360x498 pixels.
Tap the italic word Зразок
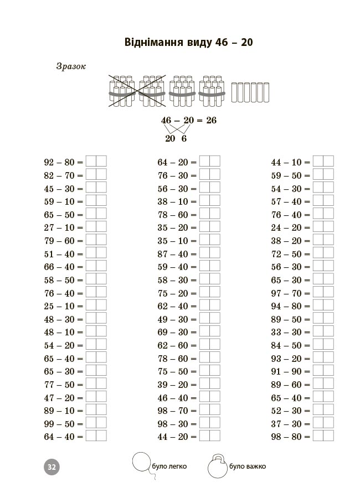[71, 66]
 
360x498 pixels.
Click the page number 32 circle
[51, 466]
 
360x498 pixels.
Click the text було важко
[247, 466]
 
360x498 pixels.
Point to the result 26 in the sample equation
[211, 121]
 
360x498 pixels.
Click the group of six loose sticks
[251, 93]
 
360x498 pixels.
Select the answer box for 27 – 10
[96, 227]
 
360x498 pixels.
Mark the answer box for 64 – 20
[209, 162]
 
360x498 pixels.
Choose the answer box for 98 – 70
[209, 410]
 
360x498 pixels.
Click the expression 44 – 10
[286, 162]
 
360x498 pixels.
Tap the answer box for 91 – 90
[323, 371]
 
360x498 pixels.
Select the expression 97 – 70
[286, 293]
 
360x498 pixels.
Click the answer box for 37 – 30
[323, 423]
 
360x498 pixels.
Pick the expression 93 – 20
[286, 359]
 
